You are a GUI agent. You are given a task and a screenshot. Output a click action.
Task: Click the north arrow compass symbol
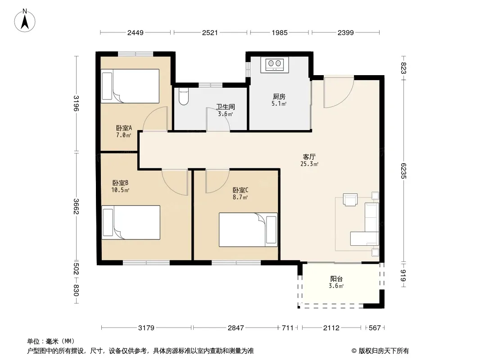click(25, 21)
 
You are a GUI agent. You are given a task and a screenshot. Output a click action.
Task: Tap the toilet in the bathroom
click(183, 96)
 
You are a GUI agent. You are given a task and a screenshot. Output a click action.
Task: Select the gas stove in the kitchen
click(275, 65)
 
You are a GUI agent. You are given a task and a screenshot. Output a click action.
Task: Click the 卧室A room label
click(124, 128)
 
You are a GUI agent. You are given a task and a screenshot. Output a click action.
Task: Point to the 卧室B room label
click(120, 183)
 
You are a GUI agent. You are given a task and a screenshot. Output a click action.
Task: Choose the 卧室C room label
click(240, 190)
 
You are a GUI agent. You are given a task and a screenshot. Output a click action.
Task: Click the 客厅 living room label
click(309, 157)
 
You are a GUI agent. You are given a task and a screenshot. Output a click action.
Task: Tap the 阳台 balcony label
click(336, 279)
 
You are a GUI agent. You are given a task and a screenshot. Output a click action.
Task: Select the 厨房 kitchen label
click(279, 97)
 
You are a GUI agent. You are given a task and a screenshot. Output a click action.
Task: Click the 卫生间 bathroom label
click(226, 107)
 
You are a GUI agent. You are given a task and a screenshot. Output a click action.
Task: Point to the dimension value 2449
click(135, 32)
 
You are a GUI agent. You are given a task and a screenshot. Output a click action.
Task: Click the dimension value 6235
click(403, 171)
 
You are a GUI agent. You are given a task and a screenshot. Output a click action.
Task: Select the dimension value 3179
click(146, 328)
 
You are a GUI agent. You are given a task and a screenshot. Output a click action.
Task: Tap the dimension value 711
click(288, 328)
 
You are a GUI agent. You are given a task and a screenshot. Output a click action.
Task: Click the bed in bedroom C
click(248, 229)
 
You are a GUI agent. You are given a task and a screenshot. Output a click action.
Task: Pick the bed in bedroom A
click(130, 86)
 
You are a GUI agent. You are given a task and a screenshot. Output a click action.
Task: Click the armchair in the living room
click(350, 200)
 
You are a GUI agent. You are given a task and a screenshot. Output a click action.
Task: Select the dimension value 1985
click(280, 32)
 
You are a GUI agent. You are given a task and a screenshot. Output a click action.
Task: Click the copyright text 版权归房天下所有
click(384, 351)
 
